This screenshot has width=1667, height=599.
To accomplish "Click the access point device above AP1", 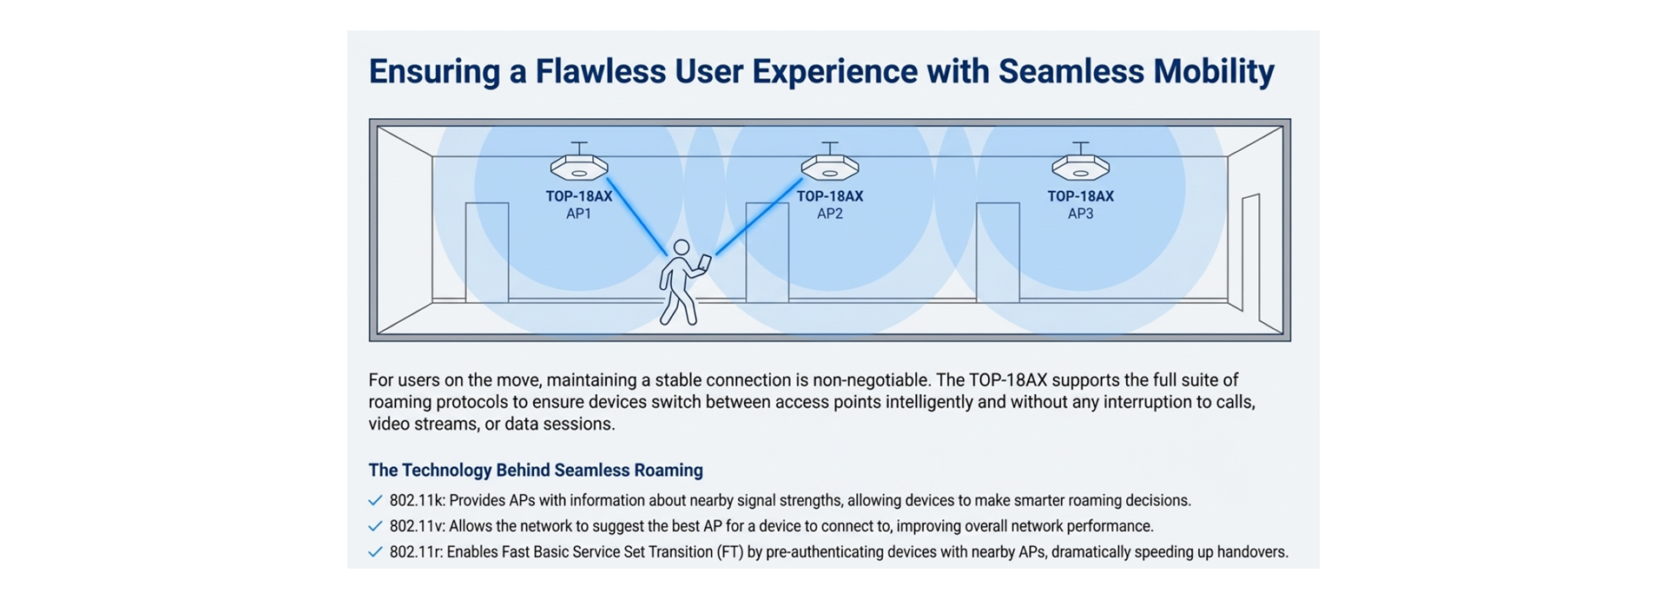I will (x=579, y=166).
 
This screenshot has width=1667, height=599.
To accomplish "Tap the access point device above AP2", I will (x=829, y=166).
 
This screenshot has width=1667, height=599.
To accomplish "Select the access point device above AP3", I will (x=1080, y=166).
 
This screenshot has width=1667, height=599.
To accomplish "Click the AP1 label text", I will (x=579, y=214).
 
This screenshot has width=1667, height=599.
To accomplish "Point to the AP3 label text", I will (x=1080, y=214).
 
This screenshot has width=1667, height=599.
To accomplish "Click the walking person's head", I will (x=682, y=248).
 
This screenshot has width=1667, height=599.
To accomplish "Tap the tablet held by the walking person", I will (x=705, y=262).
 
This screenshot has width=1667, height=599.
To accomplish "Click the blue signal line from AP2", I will (x=757, y=217).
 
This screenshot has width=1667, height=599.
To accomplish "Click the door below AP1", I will (x=487, y=252).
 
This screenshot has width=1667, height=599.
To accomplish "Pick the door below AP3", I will (x=998, y=252).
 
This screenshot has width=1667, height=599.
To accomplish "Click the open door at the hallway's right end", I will (x=1250, y=252).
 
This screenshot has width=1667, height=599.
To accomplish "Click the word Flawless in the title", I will (x=600, y=71).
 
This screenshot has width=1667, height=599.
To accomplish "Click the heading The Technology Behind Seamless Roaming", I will (x=536, y=471).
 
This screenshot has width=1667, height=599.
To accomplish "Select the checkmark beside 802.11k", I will (x=375, y=501).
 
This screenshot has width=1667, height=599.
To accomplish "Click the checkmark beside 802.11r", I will (x=375, y=552).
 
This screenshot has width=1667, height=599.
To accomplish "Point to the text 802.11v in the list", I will (x=417, y=526).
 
